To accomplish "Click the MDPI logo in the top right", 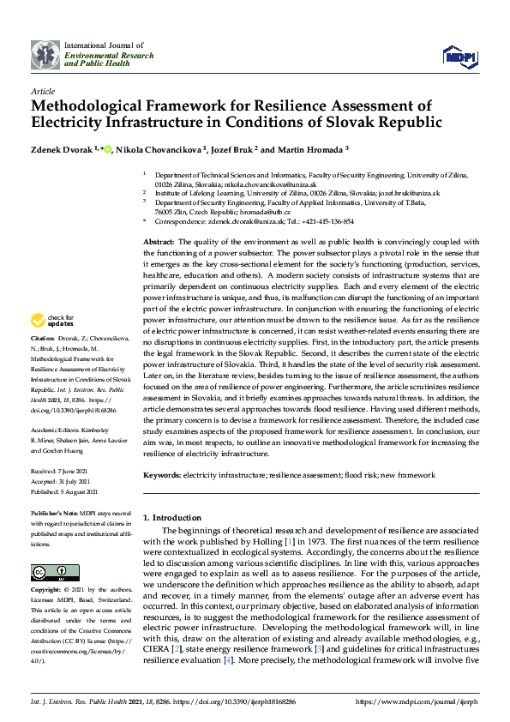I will click(459, 57).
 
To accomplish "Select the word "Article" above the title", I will click(42, 91).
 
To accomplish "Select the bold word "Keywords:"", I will click(162, 474).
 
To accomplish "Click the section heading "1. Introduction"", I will click(172, 518).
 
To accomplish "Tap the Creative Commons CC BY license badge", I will click(44, 573).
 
